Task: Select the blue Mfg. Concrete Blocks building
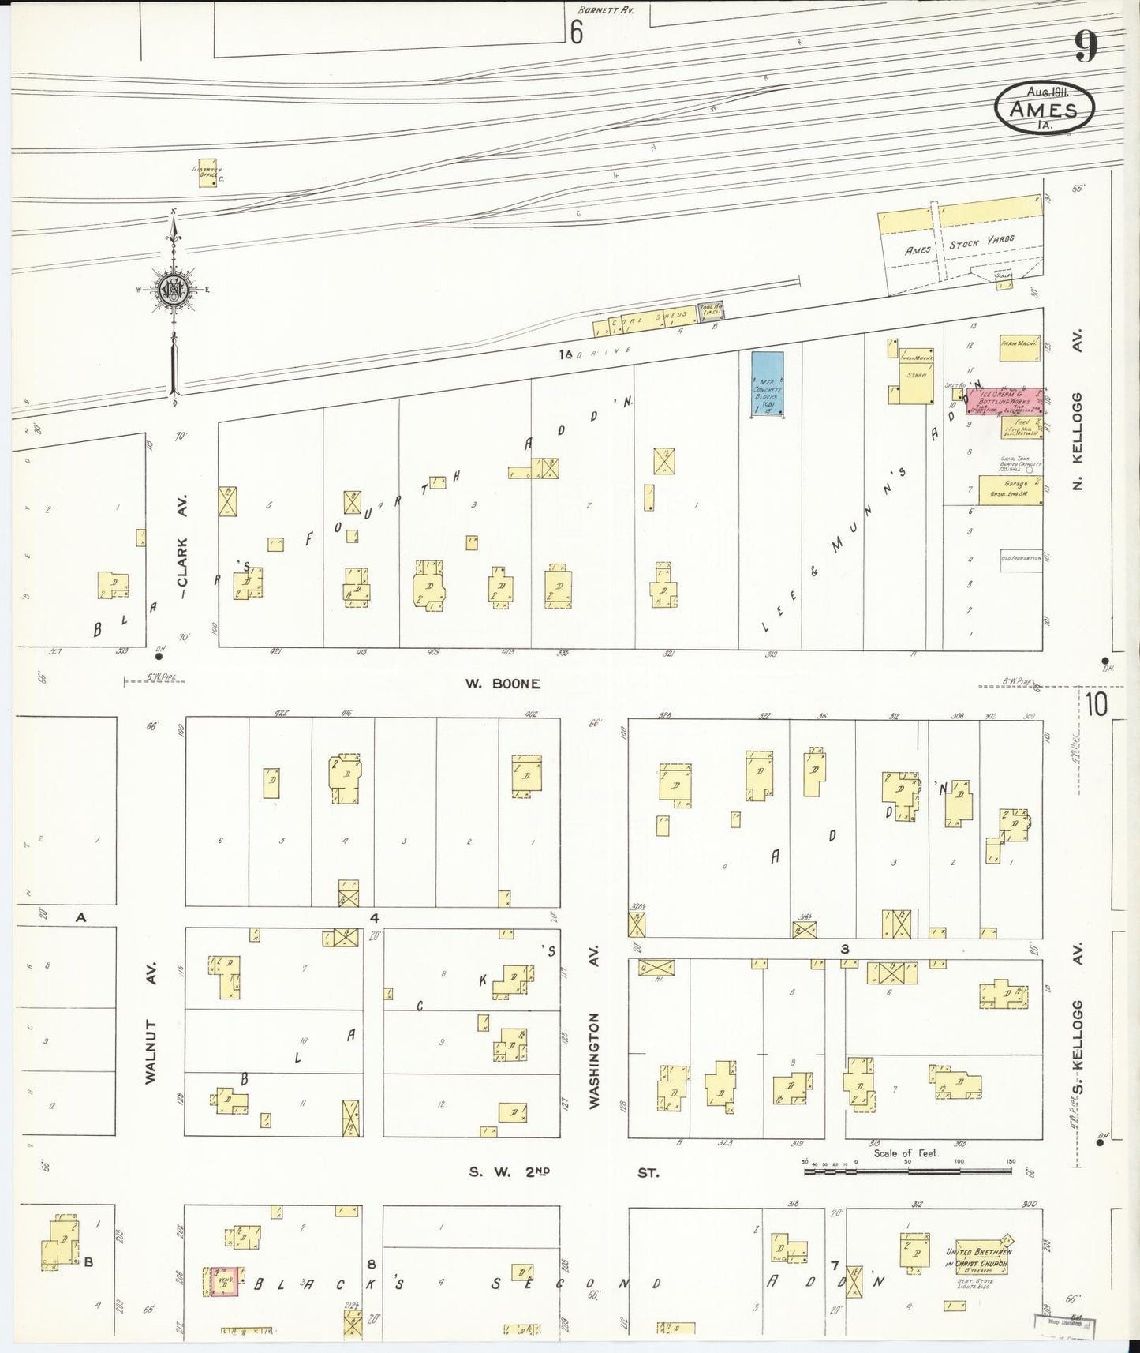point(767,384)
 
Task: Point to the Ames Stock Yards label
point(959,246)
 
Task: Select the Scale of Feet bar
point(907,1171)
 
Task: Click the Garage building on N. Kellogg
point(1010,490)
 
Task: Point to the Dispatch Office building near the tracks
point(207,174)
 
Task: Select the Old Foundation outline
point(1022,558)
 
